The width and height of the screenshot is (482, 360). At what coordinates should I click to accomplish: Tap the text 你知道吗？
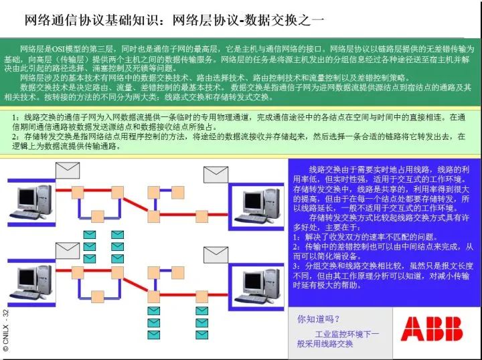pyautogui.click(x=319, y=319)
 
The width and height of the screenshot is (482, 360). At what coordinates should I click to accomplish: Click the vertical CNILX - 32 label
pyautogui.click(x=6, y=331)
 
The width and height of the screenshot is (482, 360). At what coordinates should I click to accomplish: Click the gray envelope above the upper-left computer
pyautogui.click(x=67, y=171)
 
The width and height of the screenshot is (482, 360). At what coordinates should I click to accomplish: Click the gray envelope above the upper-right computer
pyautogui.click(x=216, y=175)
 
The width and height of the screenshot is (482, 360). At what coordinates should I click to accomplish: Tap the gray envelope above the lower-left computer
pyautogui.click(x=67, y=252)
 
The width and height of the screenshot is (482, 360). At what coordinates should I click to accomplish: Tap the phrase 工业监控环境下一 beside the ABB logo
pyautogui.click(x=347, y=333)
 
